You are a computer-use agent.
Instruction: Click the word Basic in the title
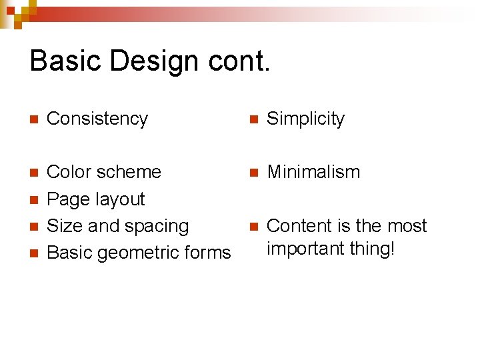[65, 61]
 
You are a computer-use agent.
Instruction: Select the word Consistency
[97, 119]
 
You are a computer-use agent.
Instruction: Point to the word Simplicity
[305, 119]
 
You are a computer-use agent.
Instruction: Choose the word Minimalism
[313, 172]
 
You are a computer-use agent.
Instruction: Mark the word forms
[209, 253]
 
